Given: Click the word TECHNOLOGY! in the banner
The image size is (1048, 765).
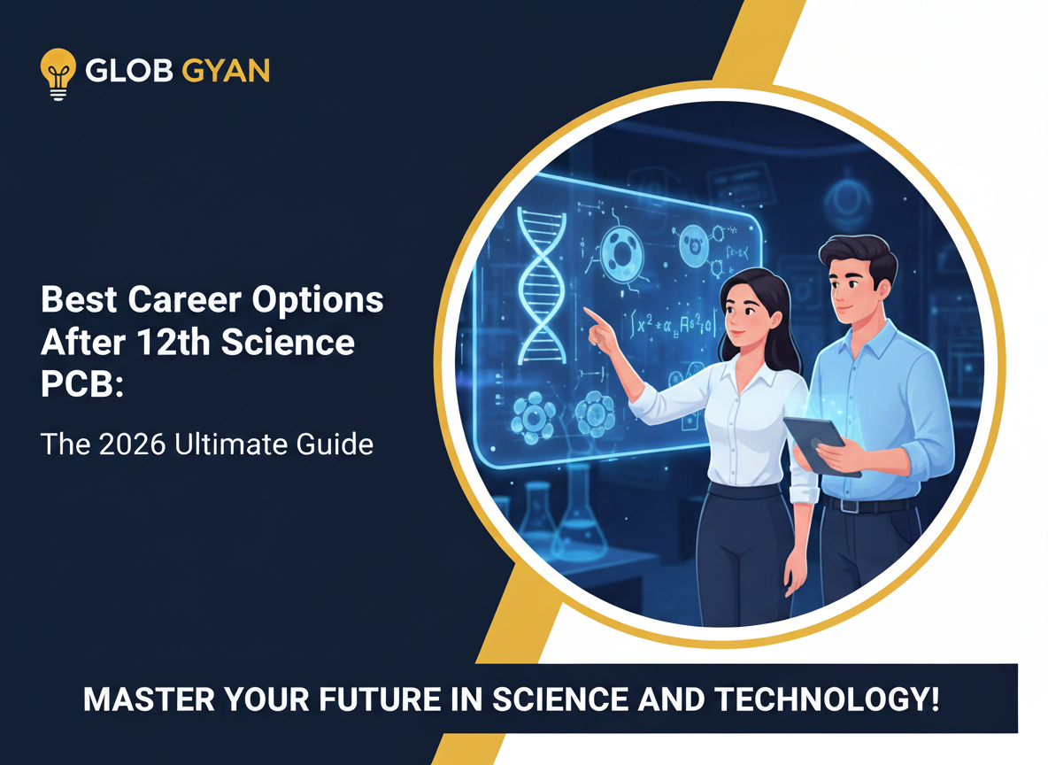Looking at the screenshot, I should [x=828, y=699].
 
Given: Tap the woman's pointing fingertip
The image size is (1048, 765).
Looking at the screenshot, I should [x=587, y=312].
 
